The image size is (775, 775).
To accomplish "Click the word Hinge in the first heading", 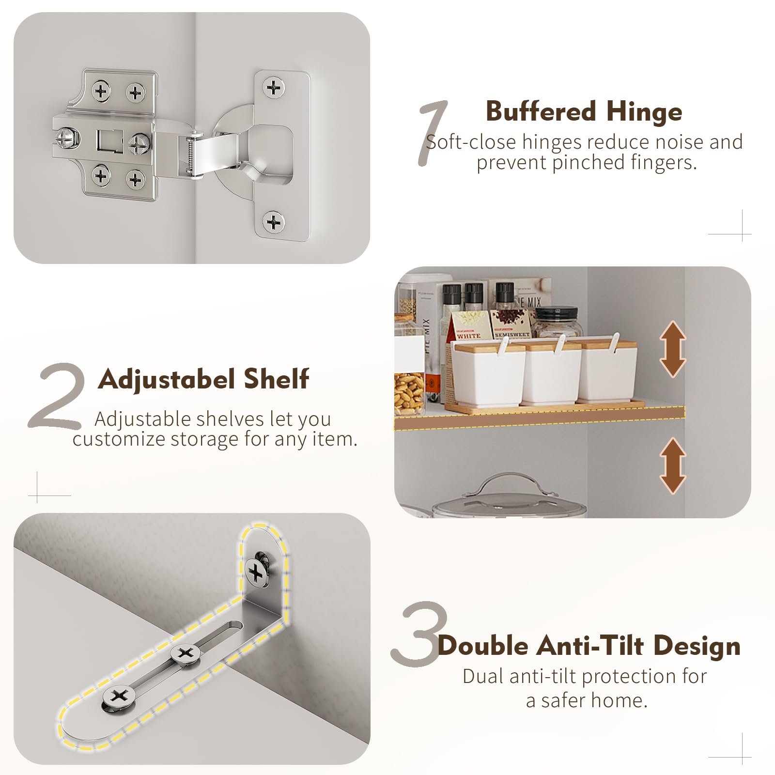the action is (644, 112).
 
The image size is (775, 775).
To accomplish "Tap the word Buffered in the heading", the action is (541, 111).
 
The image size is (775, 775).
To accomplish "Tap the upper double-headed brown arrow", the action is (673, 349).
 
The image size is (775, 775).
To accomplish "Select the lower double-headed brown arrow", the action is (673, 465).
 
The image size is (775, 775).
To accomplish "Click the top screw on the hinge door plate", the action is (274, 88).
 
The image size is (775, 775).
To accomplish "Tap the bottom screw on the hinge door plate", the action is (274, 222).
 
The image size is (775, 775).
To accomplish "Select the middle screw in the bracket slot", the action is (186, 654).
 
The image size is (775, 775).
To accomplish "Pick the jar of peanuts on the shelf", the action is (409, 392).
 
